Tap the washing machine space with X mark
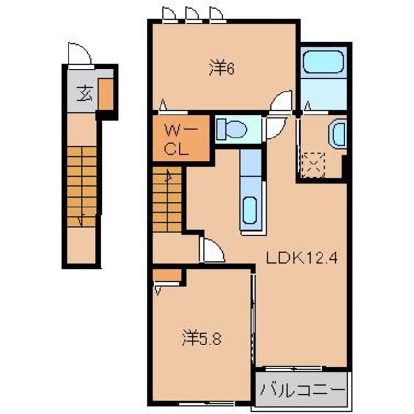coord(313,164)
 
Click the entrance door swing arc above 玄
coord(79,54)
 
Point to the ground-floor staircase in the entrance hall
coord(81,186)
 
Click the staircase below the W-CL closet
coord(167,200)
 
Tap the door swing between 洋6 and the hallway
coord(282,101)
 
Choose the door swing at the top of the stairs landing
coord(212,250)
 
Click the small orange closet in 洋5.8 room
coord(166,275)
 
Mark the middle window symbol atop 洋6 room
coord(193,15)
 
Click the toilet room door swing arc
coord(274,128)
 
